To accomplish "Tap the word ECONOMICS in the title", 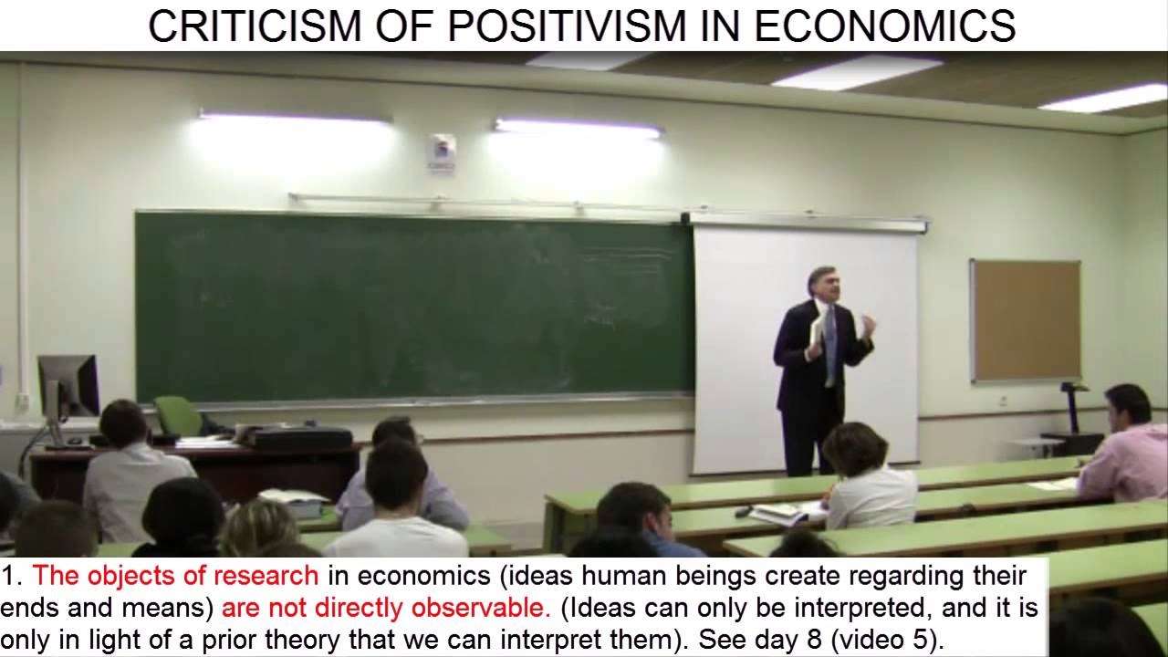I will (885, 26).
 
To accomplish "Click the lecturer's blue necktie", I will (829, 347).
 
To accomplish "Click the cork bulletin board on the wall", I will (1025, 320).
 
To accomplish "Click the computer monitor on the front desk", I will (68, 387).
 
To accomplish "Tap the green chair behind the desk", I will (177, 416).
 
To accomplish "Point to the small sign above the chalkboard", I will (443, 151).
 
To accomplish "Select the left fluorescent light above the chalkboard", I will (294, 118).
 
